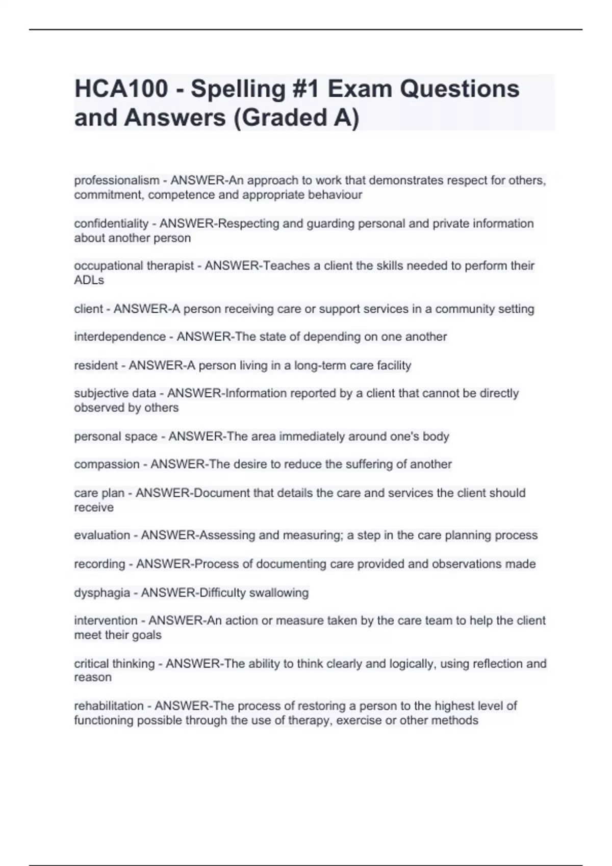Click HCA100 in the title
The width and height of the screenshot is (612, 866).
click(121, 89)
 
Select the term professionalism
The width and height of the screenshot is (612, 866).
click(117, 180)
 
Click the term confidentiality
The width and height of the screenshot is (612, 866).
click(111, 224)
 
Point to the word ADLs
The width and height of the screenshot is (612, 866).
click(89, 280)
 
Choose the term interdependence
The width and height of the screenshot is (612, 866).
click(120, 337)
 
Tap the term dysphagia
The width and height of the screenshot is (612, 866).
click(102, 592)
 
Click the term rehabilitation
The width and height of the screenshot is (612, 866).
click(109, 706)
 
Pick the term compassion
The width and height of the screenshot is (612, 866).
click(107, 464)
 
